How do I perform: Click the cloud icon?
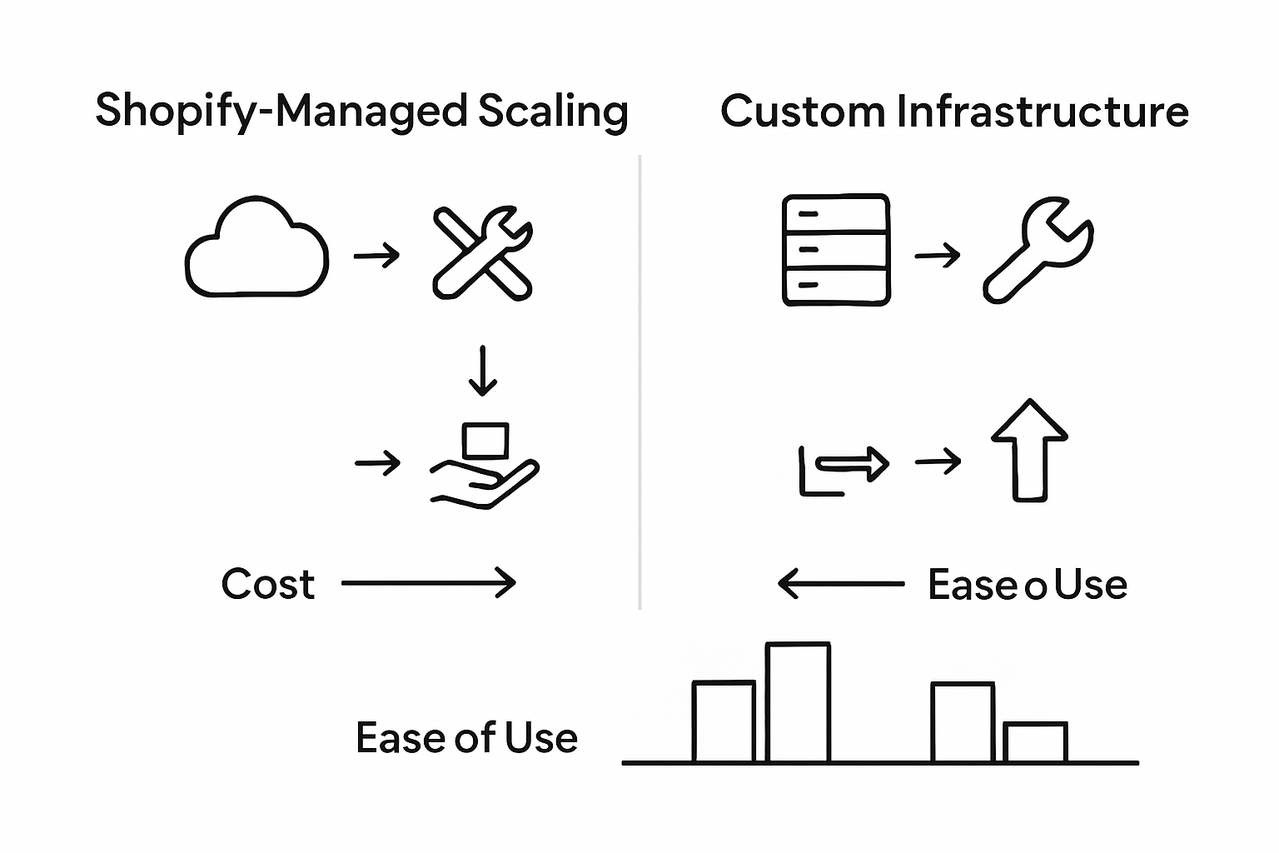click(x=256, y=249)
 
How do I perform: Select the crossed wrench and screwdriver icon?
click(x=482, y=254)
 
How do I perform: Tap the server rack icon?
click(x=836, y=250)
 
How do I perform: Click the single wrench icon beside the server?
click(x=1038, y=250)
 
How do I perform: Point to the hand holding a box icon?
click(x=485, y=466)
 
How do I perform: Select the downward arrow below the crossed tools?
click(x=482, y=371)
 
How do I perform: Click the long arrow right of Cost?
click(x=429, y=583)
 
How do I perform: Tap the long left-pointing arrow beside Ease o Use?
click(x=841, y=584)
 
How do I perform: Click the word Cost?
click(x=268, y=584)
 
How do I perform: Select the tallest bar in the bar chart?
click(x=798, y=702)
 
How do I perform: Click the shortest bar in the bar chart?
click(x=1035, y=742)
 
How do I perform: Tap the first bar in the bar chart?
click(x=724, y=721)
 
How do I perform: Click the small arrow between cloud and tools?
click(x=377, y=255)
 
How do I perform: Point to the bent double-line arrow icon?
click(x=844, y=469)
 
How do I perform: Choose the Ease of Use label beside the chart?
click(x=466, y=738)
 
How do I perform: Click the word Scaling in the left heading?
click(x=553, y=112)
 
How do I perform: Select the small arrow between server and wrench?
click(x=938, y=255)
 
